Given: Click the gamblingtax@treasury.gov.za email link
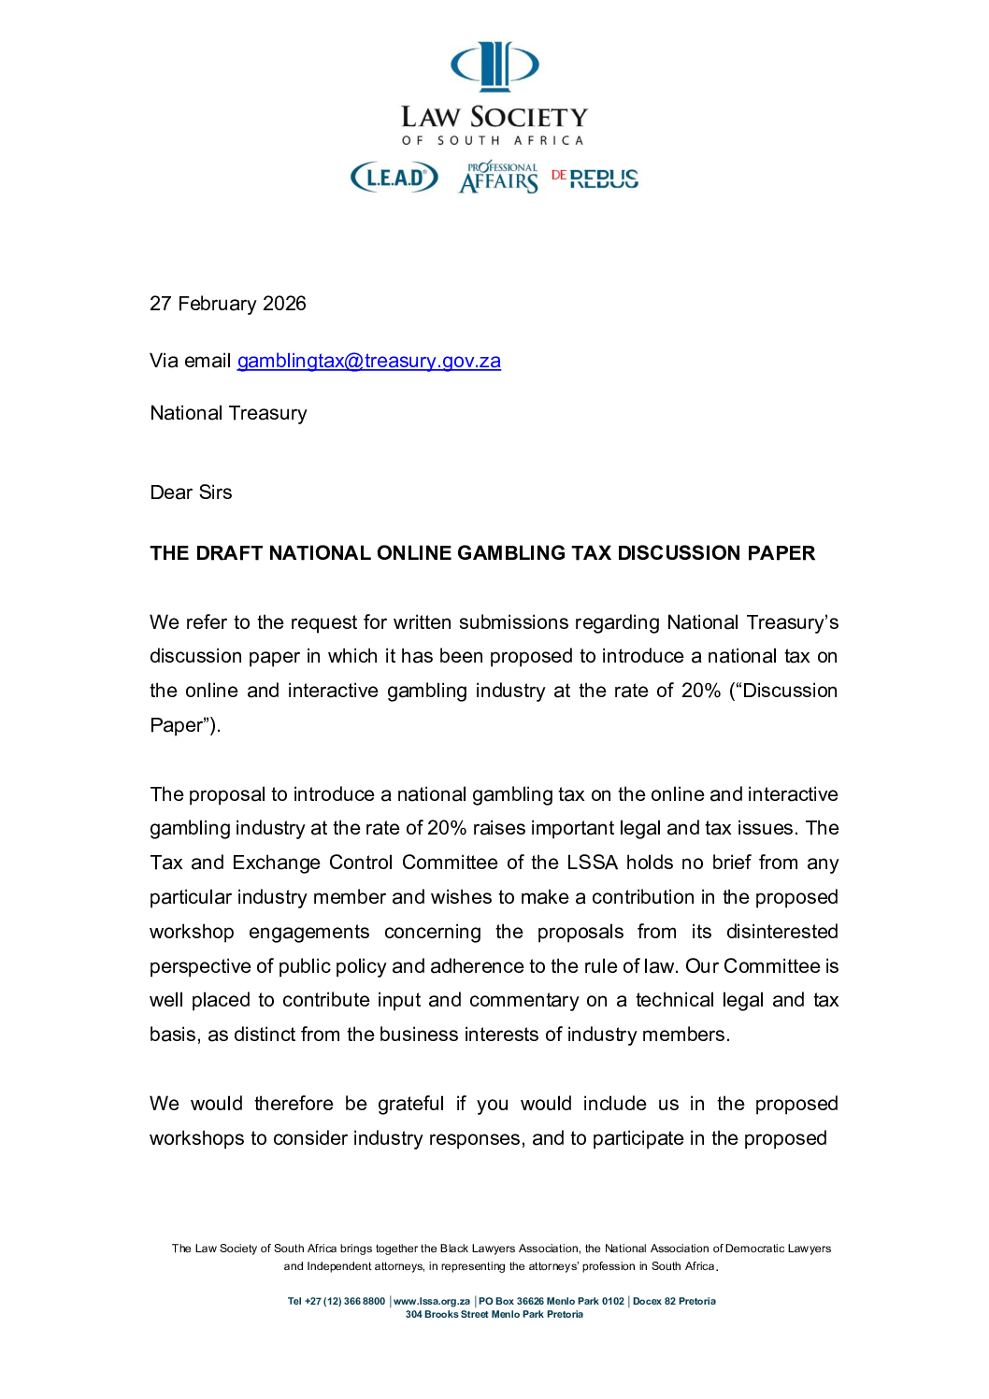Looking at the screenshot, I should click(x=368, y=361).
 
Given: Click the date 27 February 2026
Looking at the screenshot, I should click(x=228, y=304).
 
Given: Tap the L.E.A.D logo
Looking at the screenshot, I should click(x=394, y=177).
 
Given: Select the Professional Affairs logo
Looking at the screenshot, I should click(x=499, y=178).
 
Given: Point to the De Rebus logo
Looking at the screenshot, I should click(x=595, y=178).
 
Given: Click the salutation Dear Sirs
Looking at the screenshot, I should click(x=191, y=493).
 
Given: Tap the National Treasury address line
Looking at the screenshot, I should click(x=228, y=413).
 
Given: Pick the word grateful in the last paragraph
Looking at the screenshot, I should click(x=410, y=1104).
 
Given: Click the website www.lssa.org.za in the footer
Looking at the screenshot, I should click(x=432, y=1301).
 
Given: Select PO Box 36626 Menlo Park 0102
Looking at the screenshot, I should click(x=552, y=1301).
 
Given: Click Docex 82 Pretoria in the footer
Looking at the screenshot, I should click(x=674, y=1301).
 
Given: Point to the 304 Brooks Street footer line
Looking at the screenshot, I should click(x=494, y=1314).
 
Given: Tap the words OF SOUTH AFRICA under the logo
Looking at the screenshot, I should click(x=494, y=140).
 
